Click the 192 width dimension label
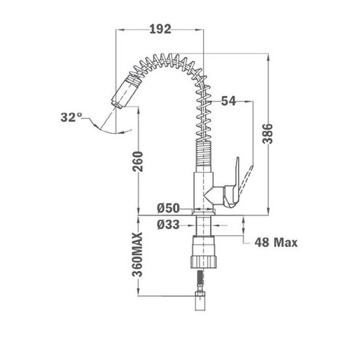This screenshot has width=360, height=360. (x=161, y=30)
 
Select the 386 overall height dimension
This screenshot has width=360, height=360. (x=267, y=134)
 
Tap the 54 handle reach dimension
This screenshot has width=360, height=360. (x=228, y=101)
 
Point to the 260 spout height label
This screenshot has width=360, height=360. (x=138, y=161)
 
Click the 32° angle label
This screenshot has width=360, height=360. (x=72, y=117)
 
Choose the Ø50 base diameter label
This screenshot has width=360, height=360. (x=168, y=209)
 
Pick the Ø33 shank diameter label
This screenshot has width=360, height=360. (x=168, y=225)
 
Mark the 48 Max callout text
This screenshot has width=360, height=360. (x=276, y=243)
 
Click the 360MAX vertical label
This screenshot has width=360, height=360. (x=138, y=254)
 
